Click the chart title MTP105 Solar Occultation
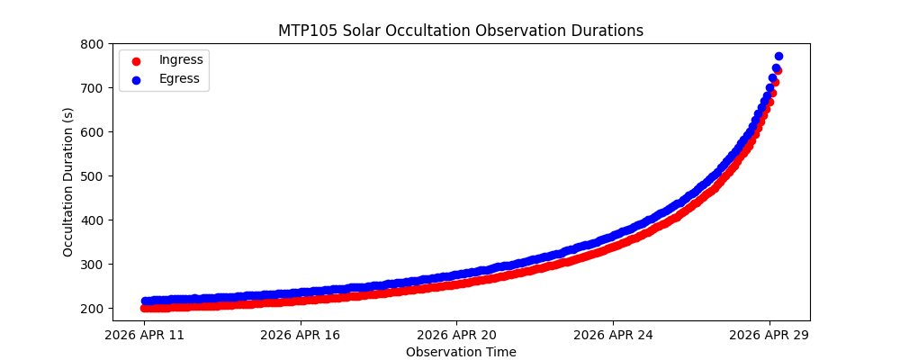(460, 31)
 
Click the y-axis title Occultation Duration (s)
(68, 182)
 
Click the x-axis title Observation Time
(461, 352)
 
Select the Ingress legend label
(181, 59)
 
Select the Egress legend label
(180, 78)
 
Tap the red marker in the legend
(138, 60)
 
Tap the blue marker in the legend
(138, 79)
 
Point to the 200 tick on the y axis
(90, 309)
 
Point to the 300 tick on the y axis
(90, 265)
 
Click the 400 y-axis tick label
(90, 220)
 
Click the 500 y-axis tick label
(90, 176)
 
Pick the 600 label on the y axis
(90, 132)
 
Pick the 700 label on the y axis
(90, 88)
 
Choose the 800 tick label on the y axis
(90, 44)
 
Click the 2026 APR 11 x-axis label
(144, 336)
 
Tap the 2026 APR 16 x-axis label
(300, 336)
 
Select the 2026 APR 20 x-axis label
(456, 336)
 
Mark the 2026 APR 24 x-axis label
(613, 336)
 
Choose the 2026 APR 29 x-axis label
(769, 336)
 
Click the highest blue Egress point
(778, 56)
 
